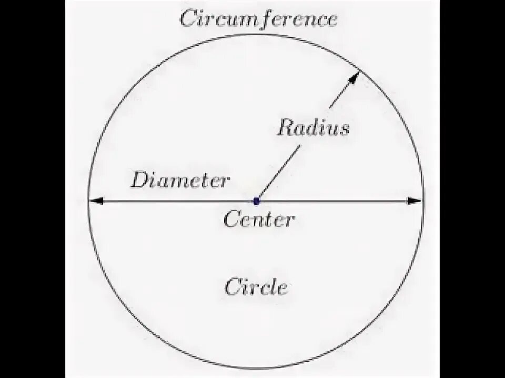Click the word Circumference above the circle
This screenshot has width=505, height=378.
point(258,19)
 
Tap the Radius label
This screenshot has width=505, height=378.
point(314,128)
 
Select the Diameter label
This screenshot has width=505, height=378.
point(180,181)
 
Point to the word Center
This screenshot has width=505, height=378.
point(259,219)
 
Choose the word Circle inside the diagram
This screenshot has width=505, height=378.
point(256,287)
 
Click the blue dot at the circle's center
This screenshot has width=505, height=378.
point(257,201)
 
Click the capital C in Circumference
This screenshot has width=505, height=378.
point(187,19)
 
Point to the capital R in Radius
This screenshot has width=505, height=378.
point(286,128)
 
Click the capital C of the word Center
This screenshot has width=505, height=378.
point(231,219)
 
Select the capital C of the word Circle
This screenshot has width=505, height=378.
point(232,287)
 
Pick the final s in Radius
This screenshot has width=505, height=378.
point(344,129)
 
